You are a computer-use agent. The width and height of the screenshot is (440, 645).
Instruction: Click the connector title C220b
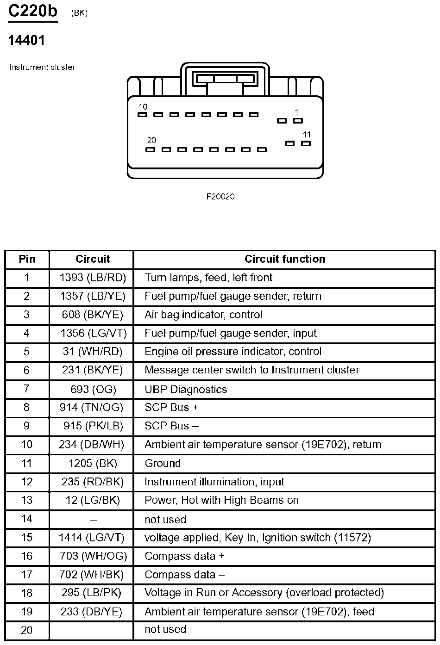click(x=33, y=11)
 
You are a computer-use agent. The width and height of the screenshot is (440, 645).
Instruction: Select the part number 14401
click(x=27, y=41)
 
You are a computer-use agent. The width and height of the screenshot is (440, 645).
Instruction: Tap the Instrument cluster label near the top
click(x=42, y=67)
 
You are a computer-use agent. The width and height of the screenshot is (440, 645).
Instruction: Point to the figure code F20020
click(x=220, y=197)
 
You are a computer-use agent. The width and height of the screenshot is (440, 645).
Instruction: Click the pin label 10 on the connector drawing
click(x=143, y=107)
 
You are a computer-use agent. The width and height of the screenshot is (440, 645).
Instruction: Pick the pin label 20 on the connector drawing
click(x=151, y=140)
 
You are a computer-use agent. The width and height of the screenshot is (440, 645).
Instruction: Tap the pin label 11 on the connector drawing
click(x=307, y=135)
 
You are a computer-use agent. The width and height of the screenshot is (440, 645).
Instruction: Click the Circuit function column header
click(x=285, y=259)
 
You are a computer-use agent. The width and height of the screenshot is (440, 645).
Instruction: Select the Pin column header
click(x=27, y=259)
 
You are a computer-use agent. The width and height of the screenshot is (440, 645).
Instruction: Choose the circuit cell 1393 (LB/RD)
click(x=93, y=278)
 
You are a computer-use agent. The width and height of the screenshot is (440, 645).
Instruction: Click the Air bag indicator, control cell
click(x=203, y=315)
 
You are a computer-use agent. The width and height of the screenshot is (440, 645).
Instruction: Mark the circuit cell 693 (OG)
click(x=93, y=389)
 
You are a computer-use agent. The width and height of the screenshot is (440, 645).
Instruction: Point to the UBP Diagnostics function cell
click(x=186, y=389)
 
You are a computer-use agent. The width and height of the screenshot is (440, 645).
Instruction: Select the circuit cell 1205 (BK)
click(x=93, y=463)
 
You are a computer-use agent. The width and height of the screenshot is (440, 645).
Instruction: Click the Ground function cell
click(x=163, y=463)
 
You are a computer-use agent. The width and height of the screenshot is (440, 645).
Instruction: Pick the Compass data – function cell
click(x=184, y=575)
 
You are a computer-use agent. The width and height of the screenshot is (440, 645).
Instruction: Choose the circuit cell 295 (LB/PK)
click(x=93, y=593)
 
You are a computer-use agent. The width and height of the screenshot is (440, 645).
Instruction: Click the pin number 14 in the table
click(x=27, y=519)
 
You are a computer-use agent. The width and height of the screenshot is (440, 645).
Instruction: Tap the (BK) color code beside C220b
click(x=79, y=13)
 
